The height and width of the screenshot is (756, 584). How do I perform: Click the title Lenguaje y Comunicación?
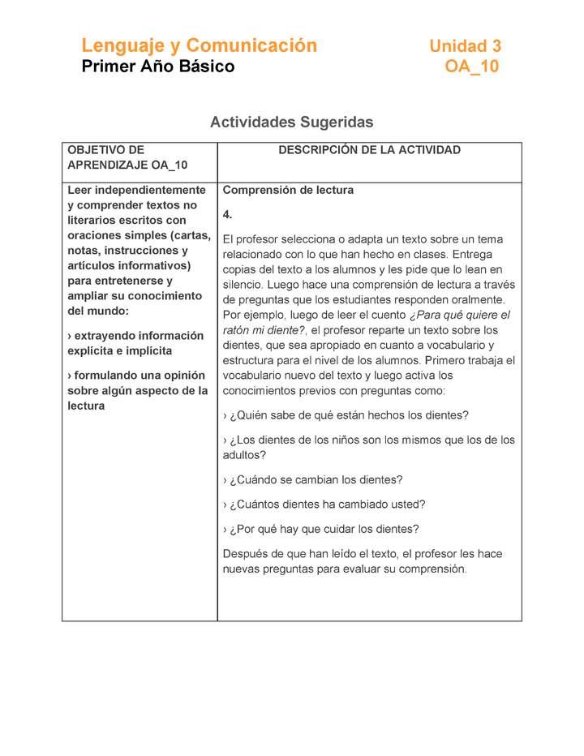coord(199,45)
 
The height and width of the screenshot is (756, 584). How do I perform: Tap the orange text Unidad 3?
coord(465,47)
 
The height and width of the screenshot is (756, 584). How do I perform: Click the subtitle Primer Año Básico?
coord(157,67)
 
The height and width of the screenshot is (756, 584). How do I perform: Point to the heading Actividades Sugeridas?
coord(291,122)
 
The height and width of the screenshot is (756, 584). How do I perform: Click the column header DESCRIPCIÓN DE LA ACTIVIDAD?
coord(369,150)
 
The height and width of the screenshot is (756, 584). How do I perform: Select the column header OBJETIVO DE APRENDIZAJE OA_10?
coord(127,157)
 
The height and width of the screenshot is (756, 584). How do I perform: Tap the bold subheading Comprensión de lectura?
coord(288,191)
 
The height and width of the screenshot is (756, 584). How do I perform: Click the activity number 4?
coord(228,215)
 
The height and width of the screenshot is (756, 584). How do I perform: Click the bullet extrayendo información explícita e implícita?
coord(135,343)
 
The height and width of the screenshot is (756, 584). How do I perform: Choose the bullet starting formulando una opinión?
coord(137,390)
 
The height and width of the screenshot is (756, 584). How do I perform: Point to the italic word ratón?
coord(238,330)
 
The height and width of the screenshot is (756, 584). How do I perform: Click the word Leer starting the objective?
coord(80,191)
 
